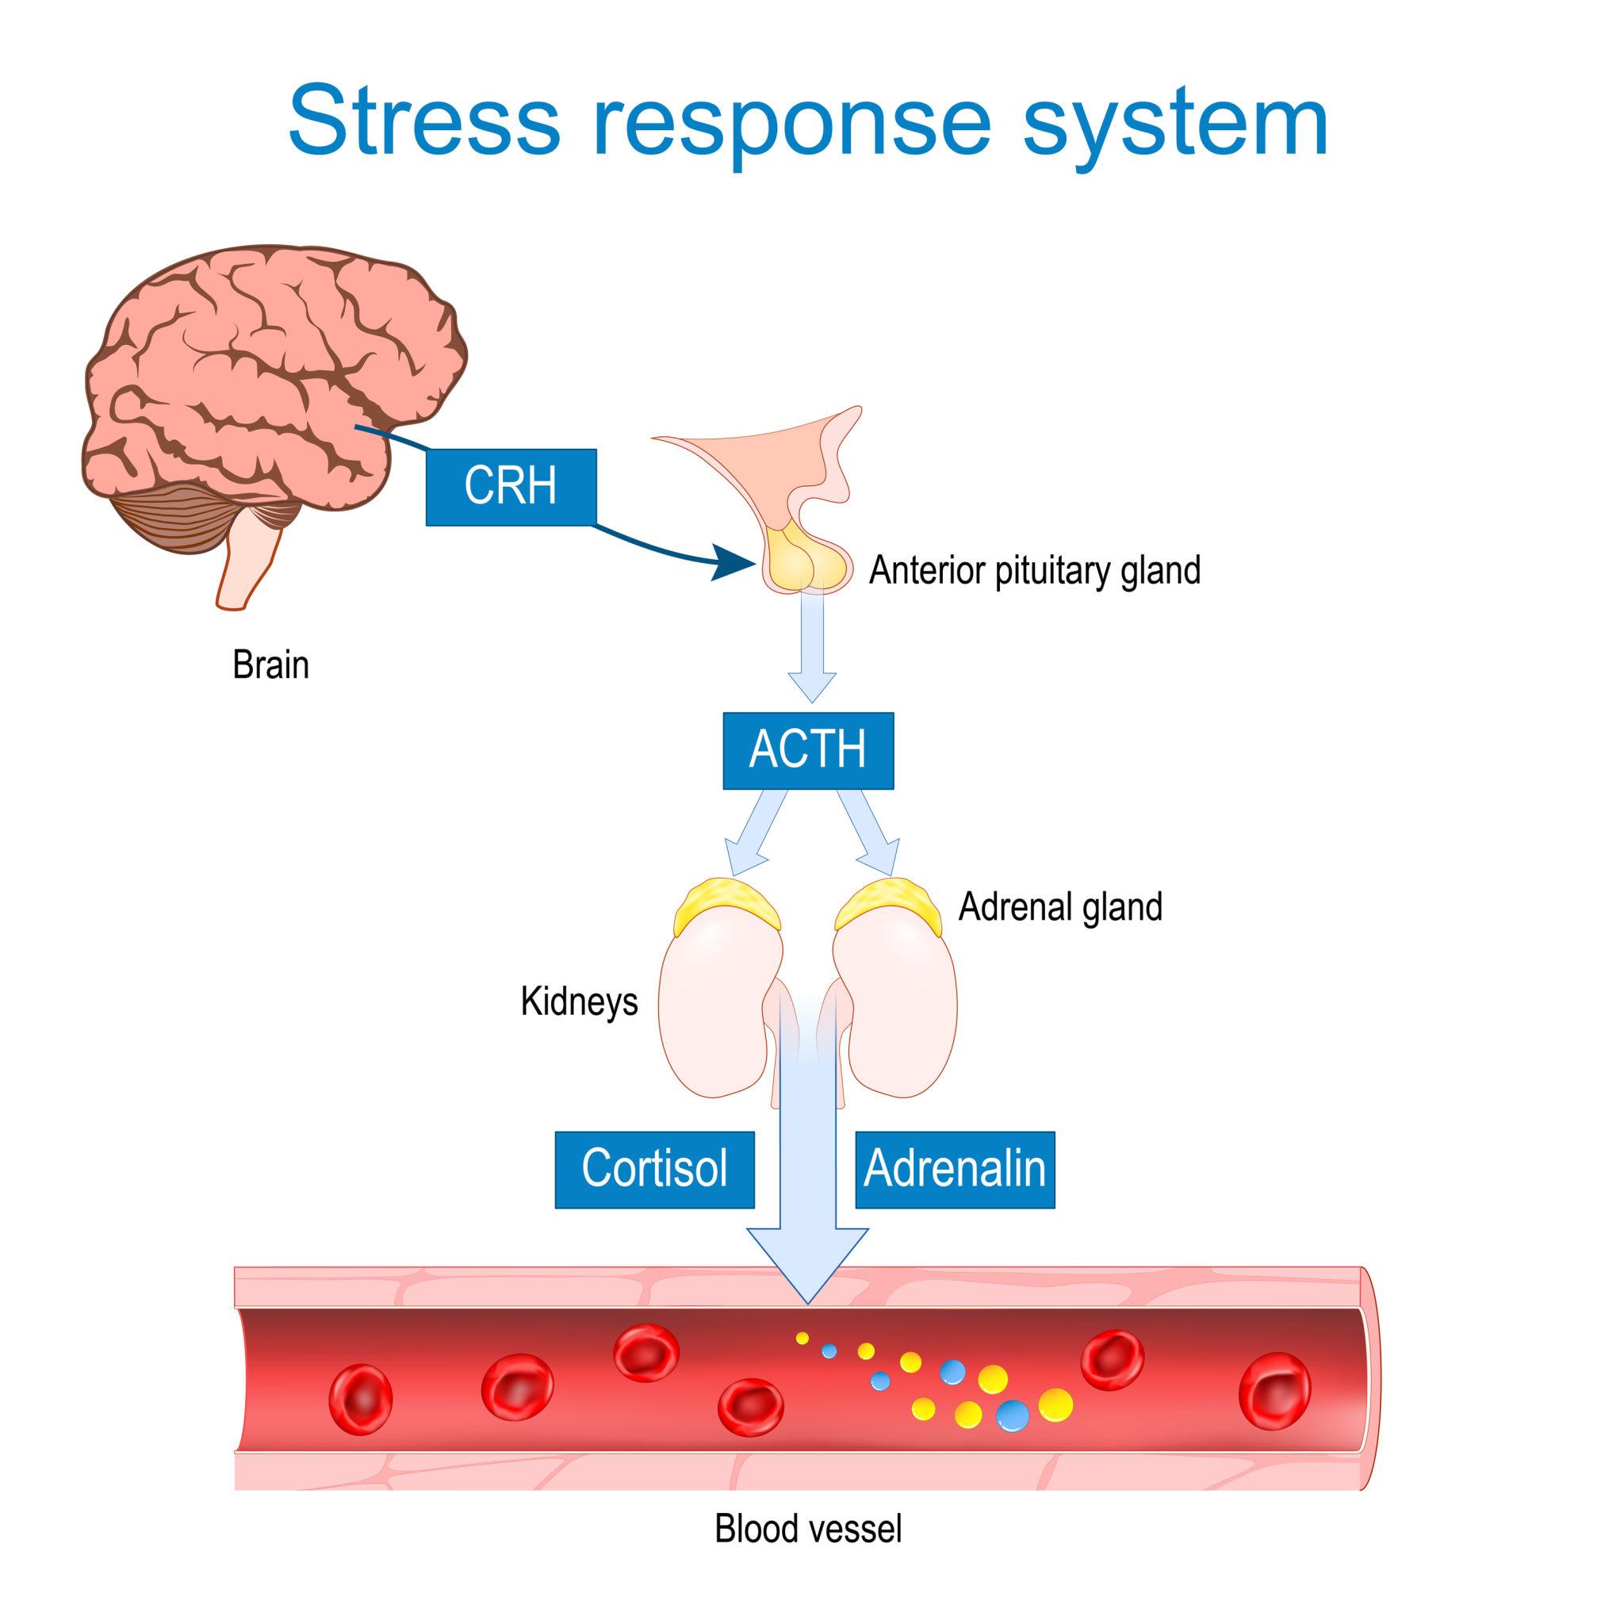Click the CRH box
(x=510, y=487)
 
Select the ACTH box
(x=808, y=750)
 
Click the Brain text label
(x=270, y=665)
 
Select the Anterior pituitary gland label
(x=1034, y=570)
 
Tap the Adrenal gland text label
(x=1060, y=907)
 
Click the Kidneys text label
(x=579, y=1002)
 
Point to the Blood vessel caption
(x=808, y=1529)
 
